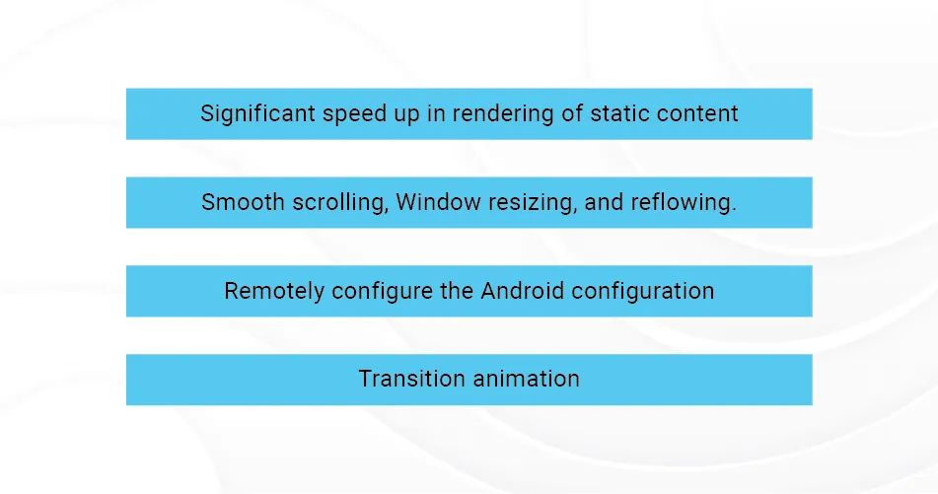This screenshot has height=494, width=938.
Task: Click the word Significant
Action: pyautogui.click(x=257, y=114)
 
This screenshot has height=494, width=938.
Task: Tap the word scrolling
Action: pyautogui.click(x=340, y=203)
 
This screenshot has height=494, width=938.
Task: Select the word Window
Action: pyautogui.click(x=439, y=202)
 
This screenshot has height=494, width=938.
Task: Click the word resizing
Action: pyautogui.click(x=533, y=203)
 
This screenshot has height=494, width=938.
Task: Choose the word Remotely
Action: pyautogui.click(x=274, y=291)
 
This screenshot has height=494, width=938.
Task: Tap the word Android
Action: pyautogui.click(x=522, y=291)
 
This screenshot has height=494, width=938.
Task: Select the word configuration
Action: pyautogui.click(x=643, y=291)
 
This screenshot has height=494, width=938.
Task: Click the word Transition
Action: pyautogui.click(x=411, y=379)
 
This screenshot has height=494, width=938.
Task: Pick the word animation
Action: pyautogui.click(x=526, y=379)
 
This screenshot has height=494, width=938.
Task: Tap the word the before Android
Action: pyautogui.click(x=457, y=291)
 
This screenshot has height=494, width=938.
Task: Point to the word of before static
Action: pyautogui.click(x=572, y=113)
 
